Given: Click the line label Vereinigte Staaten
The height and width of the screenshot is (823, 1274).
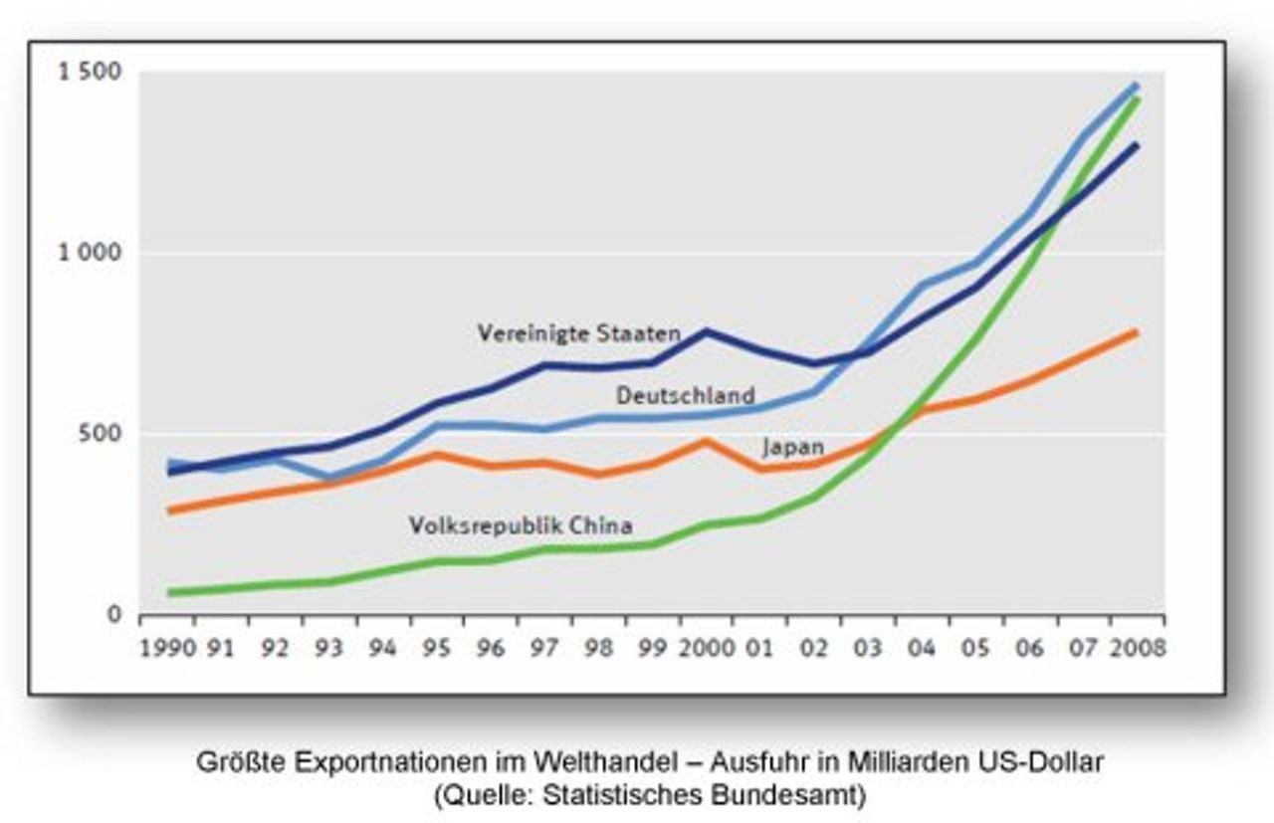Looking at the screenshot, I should (578, 333).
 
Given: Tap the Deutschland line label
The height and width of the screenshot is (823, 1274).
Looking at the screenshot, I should (685, 395).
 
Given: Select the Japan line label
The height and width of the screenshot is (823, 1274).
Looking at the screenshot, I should (793, 447).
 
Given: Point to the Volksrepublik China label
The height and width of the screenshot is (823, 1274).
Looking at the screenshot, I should (521, 524).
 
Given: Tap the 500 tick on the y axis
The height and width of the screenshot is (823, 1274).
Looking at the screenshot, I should (103, 434).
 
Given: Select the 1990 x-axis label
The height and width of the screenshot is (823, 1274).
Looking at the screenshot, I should (166, 648).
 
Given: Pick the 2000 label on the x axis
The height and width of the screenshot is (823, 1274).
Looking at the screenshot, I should (705, 648).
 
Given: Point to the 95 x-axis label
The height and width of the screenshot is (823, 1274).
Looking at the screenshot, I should (435, 648).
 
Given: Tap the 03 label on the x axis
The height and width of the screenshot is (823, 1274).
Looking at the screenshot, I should (867, 648).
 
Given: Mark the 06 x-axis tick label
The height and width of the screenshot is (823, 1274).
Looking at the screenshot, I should (1028, 648).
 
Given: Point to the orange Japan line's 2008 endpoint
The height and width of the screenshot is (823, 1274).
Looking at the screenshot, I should (1136, 332).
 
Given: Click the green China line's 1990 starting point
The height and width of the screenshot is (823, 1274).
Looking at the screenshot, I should (170, 593).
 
